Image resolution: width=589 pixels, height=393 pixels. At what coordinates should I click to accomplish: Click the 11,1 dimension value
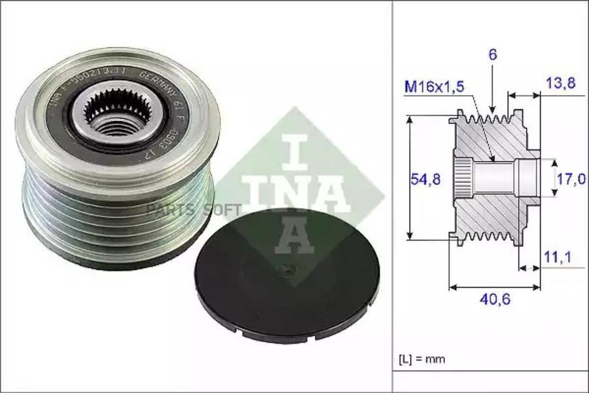click(x=558, y=258)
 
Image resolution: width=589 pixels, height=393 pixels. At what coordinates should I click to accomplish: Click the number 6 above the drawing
click(x=493, y=54)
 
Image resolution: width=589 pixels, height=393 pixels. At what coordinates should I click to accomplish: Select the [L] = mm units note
click(x=423, y=360)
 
